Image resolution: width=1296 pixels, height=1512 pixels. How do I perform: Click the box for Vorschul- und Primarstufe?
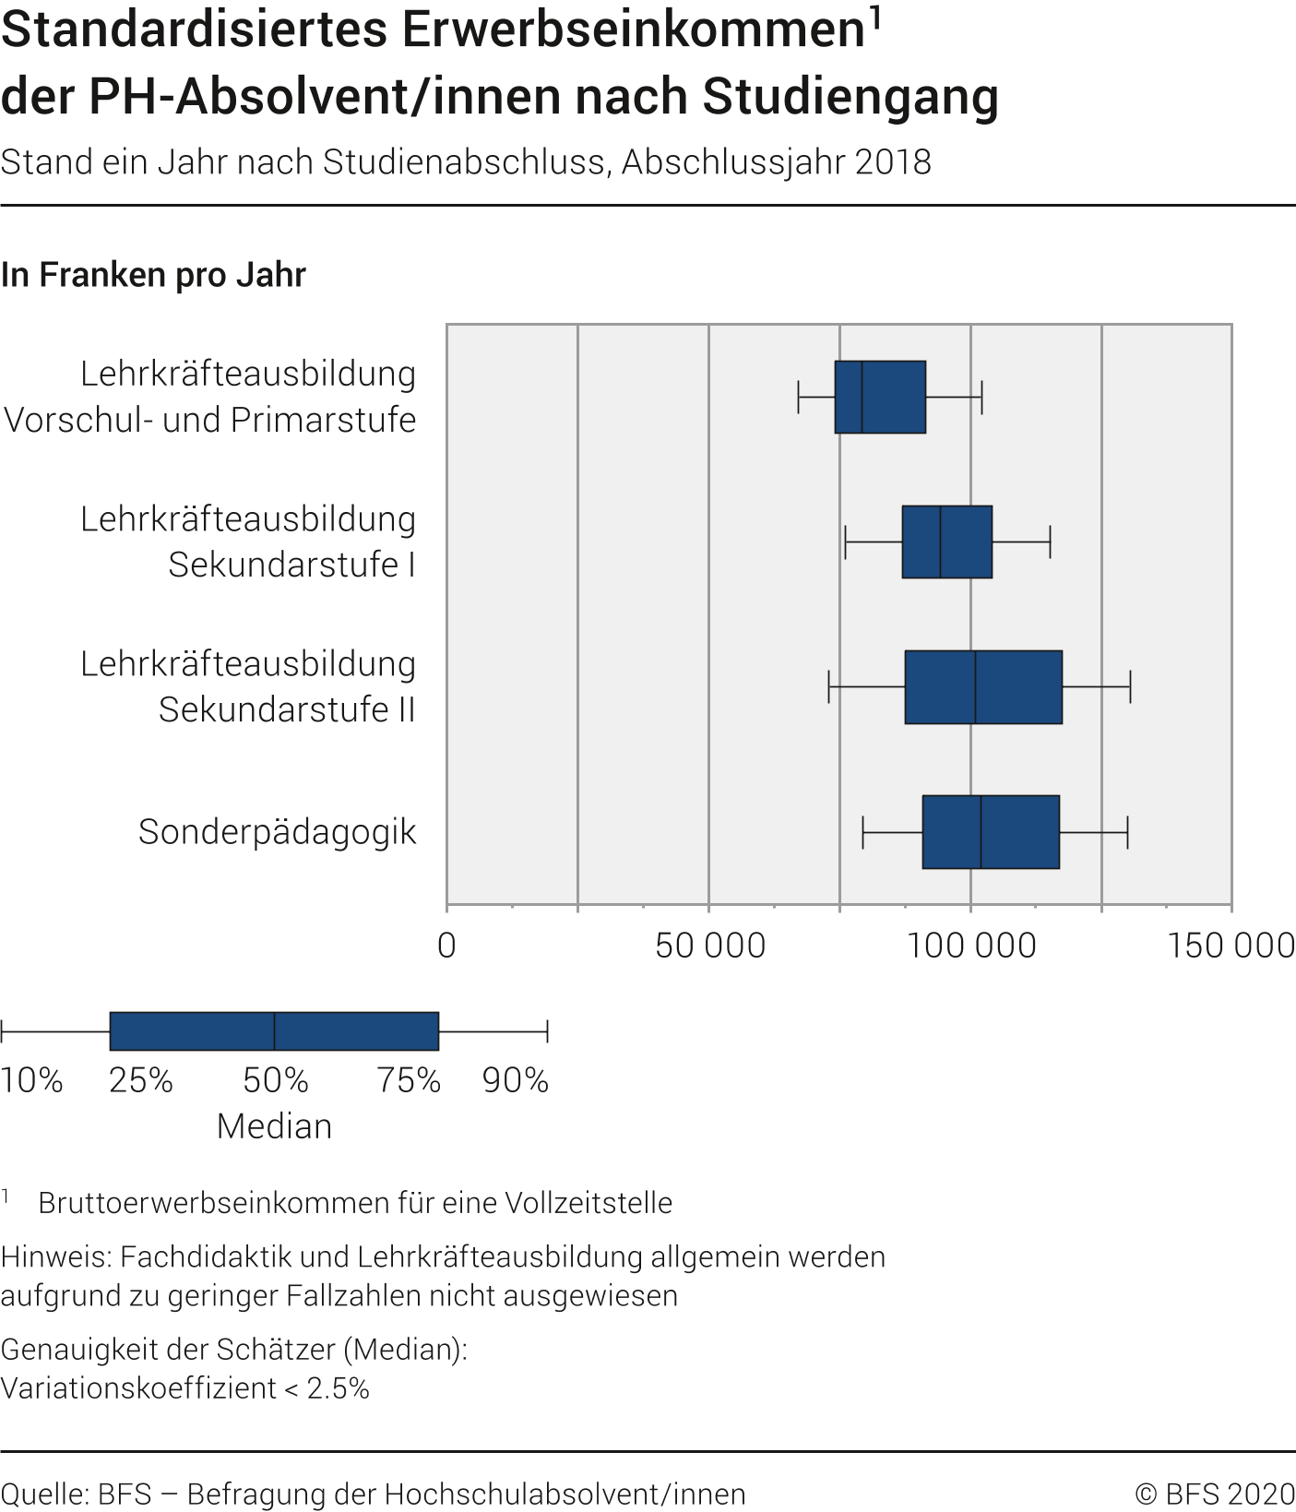[x=880, y=397]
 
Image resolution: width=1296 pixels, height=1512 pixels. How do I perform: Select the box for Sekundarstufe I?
[x=946, y=542]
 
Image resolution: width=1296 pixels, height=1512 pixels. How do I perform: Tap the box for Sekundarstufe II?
[x=983, y=687]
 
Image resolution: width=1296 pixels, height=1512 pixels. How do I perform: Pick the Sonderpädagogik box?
[x=991, y=832]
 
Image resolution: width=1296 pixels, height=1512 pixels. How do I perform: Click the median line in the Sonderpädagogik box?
[x=981, y=832]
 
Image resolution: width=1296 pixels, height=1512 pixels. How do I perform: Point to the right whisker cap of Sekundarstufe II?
[x=1130, y=687]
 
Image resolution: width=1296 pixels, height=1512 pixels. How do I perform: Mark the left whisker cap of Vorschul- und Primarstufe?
[x=799, y=397]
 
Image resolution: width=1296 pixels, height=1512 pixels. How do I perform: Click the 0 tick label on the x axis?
[x=446, y=946]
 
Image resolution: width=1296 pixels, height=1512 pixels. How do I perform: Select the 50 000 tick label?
[x=710, y=946]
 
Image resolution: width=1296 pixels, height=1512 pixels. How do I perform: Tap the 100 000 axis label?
[x=971, y=946]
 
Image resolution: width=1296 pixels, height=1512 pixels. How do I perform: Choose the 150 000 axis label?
[x=1231, y=946]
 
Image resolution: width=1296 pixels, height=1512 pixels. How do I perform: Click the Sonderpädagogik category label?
[x=277, y=832]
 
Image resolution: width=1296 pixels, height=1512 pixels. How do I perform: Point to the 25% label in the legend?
[x=140, y=1080]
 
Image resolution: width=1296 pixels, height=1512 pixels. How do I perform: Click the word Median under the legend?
[x=274, y=1126]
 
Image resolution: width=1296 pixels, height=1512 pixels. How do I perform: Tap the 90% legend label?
[x=515, y=1080]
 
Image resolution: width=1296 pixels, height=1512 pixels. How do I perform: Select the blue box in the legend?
[x=274, y=1031]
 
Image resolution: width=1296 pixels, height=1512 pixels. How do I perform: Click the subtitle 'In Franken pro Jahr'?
[x=153, y=275]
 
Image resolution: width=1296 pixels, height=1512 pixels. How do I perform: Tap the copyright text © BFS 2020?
[x=1214, y=1494]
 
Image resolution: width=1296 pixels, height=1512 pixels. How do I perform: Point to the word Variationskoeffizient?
[x=138, y=1388]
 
